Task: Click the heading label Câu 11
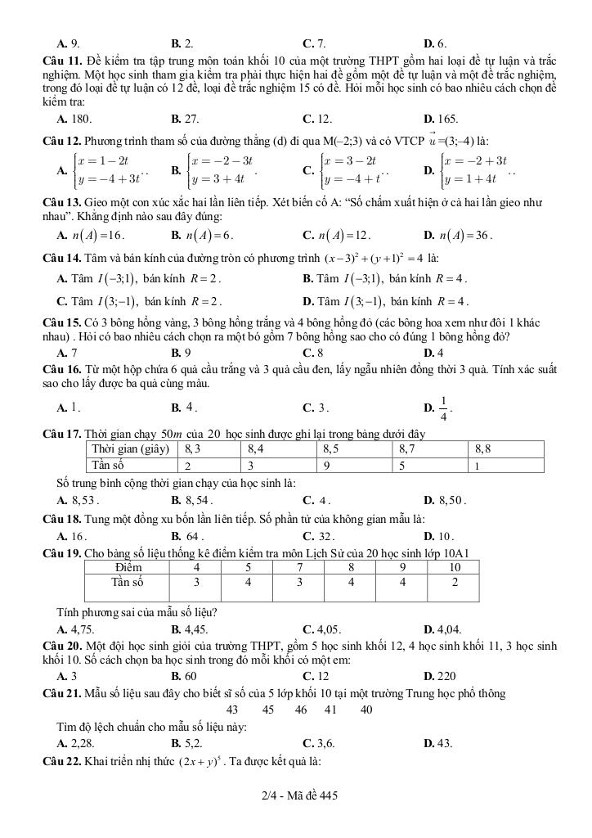tap(63, 61)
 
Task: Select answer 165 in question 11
tap(446, 119)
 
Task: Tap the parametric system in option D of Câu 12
tap(475, 170)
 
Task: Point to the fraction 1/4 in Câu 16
tap(444, 407)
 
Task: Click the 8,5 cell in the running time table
tap(331, 449)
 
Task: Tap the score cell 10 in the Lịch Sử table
tap(455, 567)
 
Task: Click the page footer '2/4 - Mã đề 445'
tap(296, 795)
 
